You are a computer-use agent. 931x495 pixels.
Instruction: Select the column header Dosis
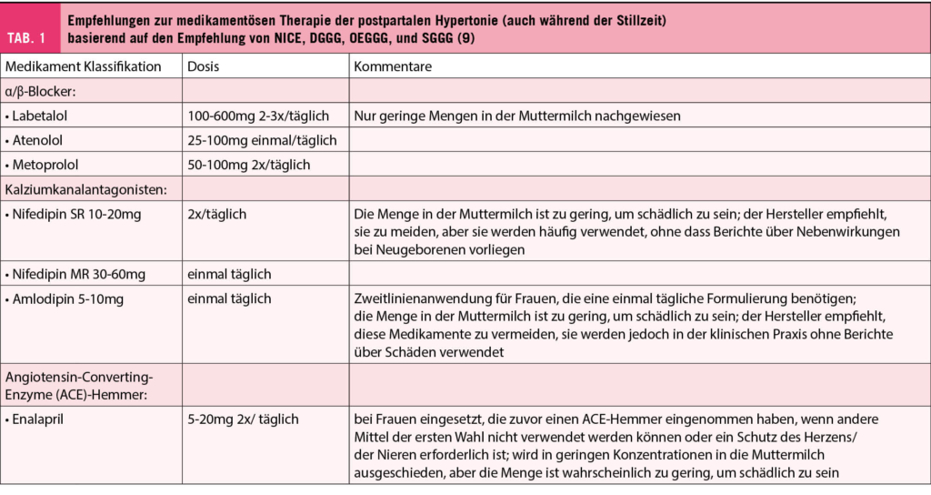point(204,67)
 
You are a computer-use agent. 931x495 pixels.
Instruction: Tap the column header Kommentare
point(393,67)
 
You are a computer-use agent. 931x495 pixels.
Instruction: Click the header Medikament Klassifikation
point(84,67)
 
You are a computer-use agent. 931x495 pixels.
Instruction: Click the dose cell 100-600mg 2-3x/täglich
point(258,116)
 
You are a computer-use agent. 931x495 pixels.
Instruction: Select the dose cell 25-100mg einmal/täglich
point(262,141)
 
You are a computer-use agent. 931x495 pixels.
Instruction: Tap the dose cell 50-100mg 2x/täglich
point(248,165)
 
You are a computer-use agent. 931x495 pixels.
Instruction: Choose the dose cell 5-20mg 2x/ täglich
point(243,419)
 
